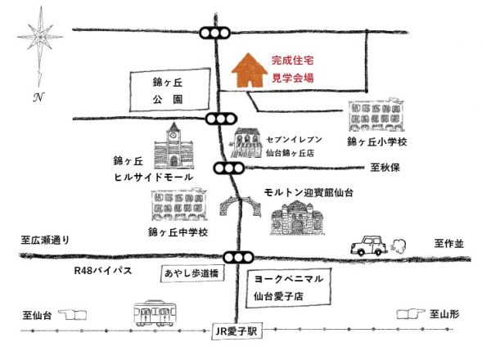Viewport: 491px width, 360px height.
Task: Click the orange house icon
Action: pos(250,70)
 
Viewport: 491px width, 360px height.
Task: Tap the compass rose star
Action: pos(40,37)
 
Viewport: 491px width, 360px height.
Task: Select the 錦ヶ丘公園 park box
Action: pos(169,89)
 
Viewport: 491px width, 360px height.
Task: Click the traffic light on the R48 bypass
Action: pos(238,258)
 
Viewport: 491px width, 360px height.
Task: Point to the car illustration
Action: pos(369,245)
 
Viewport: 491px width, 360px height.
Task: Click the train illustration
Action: pos(155,313)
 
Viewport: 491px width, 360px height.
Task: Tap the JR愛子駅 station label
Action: pos(236,331)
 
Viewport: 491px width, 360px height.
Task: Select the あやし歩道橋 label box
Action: pos(192,273)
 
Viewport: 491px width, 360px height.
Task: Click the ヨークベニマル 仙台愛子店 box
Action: pos(288,287)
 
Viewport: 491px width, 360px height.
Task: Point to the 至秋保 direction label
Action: pos(385,168)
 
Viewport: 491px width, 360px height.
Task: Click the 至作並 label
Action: pos(448,244)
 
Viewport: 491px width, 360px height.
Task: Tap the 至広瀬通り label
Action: pos(45,240)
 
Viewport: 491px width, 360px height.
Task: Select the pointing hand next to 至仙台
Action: pos(72,315)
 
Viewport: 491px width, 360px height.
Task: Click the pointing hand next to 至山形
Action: pos(411,314)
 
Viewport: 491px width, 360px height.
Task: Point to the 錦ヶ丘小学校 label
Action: pos(377,142)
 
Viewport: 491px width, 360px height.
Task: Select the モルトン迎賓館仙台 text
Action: pos(309,192)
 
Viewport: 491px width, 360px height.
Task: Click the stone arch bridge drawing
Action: pos(240,205)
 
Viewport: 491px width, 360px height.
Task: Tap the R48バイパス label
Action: pos(103,271)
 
